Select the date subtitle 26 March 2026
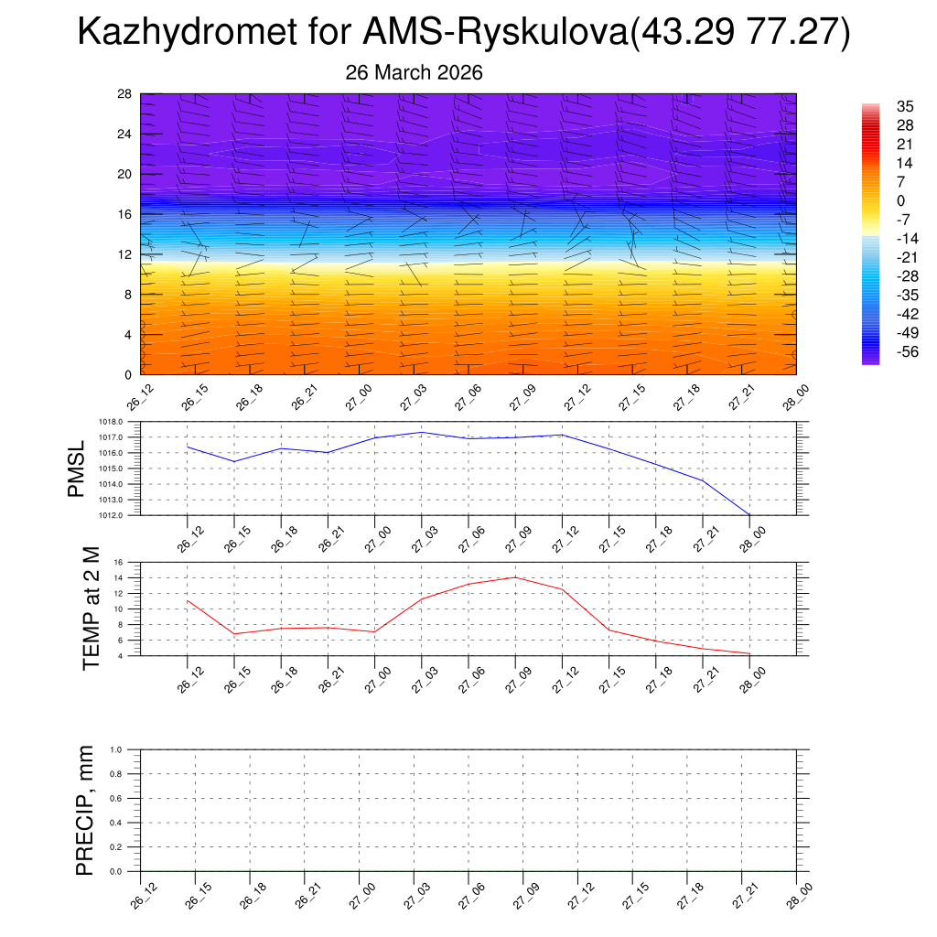point(414,72)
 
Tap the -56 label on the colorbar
point(883,351)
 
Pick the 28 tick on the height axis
point(125,94)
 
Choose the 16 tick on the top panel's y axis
point(125,214)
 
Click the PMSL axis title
point(76,468)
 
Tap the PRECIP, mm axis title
point(85,810)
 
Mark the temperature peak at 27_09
point(515,577)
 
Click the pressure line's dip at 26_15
point(234,461)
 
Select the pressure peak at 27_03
point(421,432)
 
